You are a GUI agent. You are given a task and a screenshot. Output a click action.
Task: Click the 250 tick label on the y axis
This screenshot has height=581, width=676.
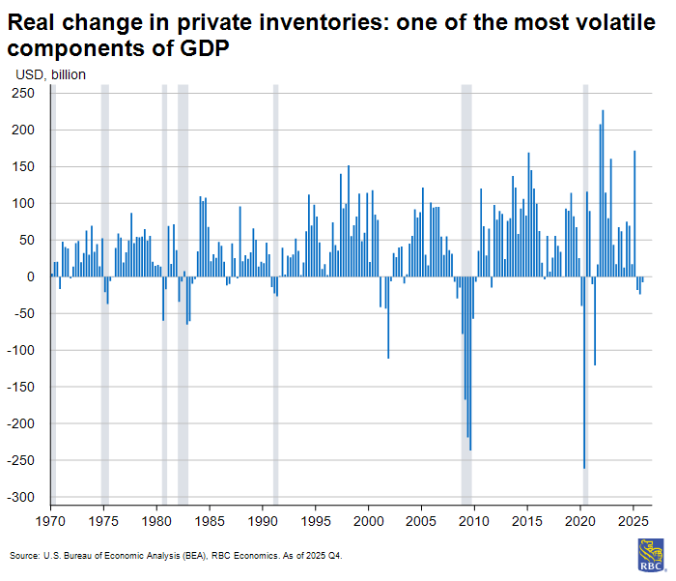pos(23,93)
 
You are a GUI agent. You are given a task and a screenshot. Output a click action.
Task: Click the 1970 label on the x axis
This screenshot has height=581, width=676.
pos(50,521)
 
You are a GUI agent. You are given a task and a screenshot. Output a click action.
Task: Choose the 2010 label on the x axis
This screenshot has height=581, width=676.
pos(473,521)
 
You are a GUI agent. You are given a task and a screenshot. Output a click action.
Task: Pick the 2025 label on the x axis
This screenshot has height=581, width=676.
pos(633,521)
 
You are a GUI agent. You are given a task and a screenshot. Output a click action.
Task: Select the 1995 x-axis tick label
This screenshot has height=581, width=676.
pos(315,521)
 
